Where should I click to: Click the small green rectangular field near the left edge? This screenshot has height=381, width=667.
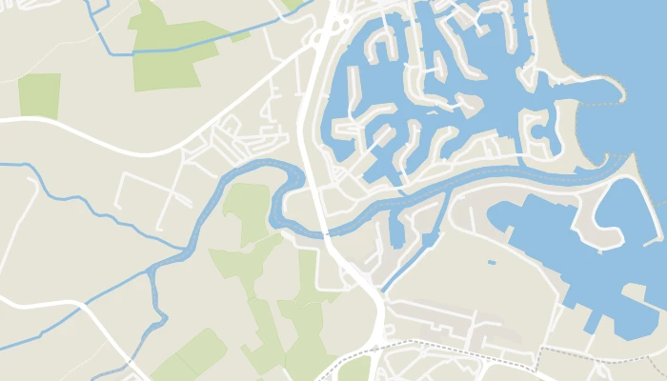point(39,95)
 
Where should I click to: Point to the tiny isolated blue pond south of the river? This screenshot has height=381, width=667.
point(492,262)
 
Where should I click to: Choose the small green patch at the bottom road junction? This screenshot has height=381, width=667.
point(354,370)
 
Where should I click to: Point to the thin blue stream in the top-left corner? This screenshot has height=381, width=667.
point(95,24)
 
